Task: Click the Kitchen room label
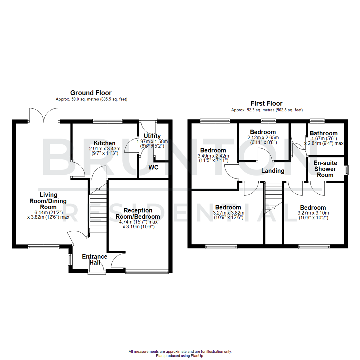point(104,143)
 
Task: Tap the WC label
point(154,166)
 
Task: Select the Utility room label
point(152,136)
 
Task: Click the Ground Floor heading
point(91,93)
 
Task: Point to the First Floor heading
point(267,103)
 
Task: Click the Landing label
point(273,171)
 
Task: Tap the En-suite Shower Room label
point(325,169)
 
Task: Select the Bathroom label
point(323,133)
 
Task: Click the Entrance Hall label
point(95,260)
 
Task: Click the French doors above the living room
point(44,115)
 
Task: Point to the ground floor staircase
point(97,208)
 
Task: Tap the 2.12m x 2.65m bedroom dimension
point(263,138)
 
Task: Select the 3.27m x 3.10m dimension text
point(313,213)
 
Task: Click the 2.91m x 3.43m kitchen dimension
point(104,149)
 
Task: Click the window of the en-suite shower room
point(346,170)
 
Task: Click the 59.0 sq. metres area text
point(91,99)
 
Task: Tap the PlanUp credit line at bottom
point(180,356)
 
